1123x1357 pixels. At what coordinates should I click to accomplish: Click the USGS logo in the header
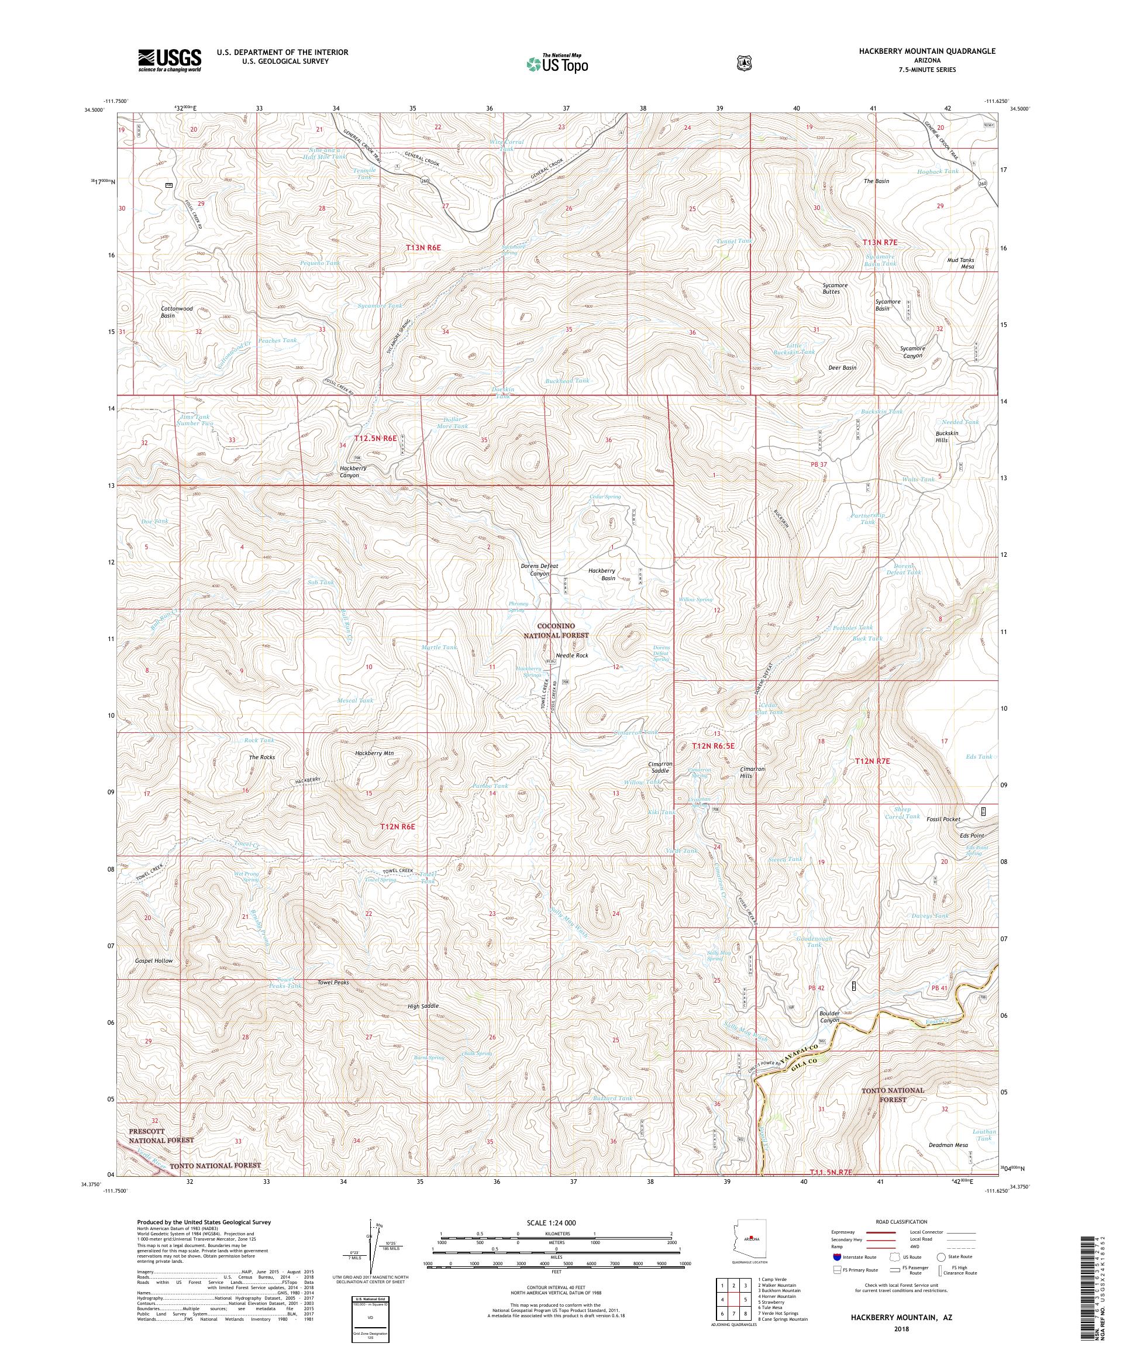tap(169, 61)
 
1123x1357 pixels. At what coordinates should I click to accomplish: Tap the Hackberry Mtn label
tap(374, 753)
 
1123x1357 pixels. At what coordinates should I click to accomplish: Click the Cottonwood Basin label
tap(177, 312)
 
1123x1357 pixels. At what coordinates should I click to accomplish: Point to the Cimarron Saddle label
tap(660, 767)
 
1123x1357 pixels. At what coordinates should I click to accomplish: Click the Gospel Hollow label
tap(154, 961)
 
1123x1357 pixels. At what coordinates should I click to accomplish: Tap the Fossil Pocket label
tap(942, 819)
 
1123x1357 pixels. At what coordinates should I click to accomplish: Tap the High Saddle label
tap(422, 1007)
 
